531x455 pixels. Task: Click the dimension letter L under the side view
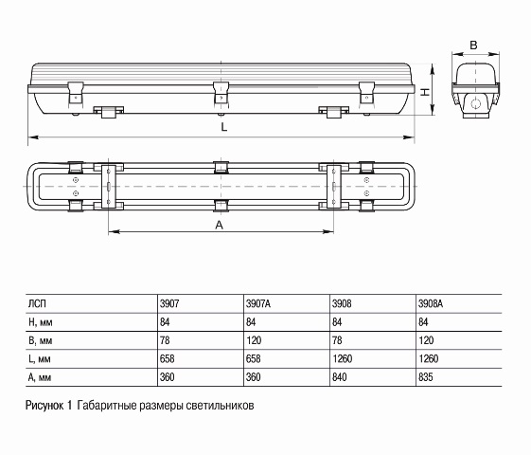(223, 127)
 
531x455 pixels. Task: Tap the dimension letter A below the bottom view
(220, 225)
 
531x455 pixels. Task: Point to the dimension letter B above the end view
(474, 45)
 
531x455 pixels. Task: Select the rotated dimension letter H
(425, 92)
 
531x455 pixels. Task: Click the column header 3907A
(258, 303)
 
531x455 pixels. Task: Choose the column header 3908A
(431, 303)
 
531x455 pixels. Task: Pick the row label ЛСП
(37, 303)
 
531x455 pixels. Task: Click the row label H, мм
(41, 322)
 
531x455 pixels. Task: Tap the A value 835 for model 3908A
(426, 377)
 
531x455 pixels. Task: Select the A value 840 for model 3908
(340, 377)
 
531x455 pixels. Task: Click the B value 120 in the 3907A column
(254, 340)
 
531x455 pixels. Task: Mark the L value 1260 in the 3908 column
(343, 358)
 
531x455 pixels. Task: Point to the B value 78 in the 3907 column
(165, 340)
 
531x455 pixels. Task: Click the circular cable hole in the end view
(476, 103)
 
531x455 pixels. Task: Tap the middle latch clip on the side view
(221, 93)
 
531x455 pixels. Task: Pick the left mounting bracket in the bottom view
(109, 187)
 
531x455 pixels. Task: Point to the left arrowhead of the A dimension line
(115, 232)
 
